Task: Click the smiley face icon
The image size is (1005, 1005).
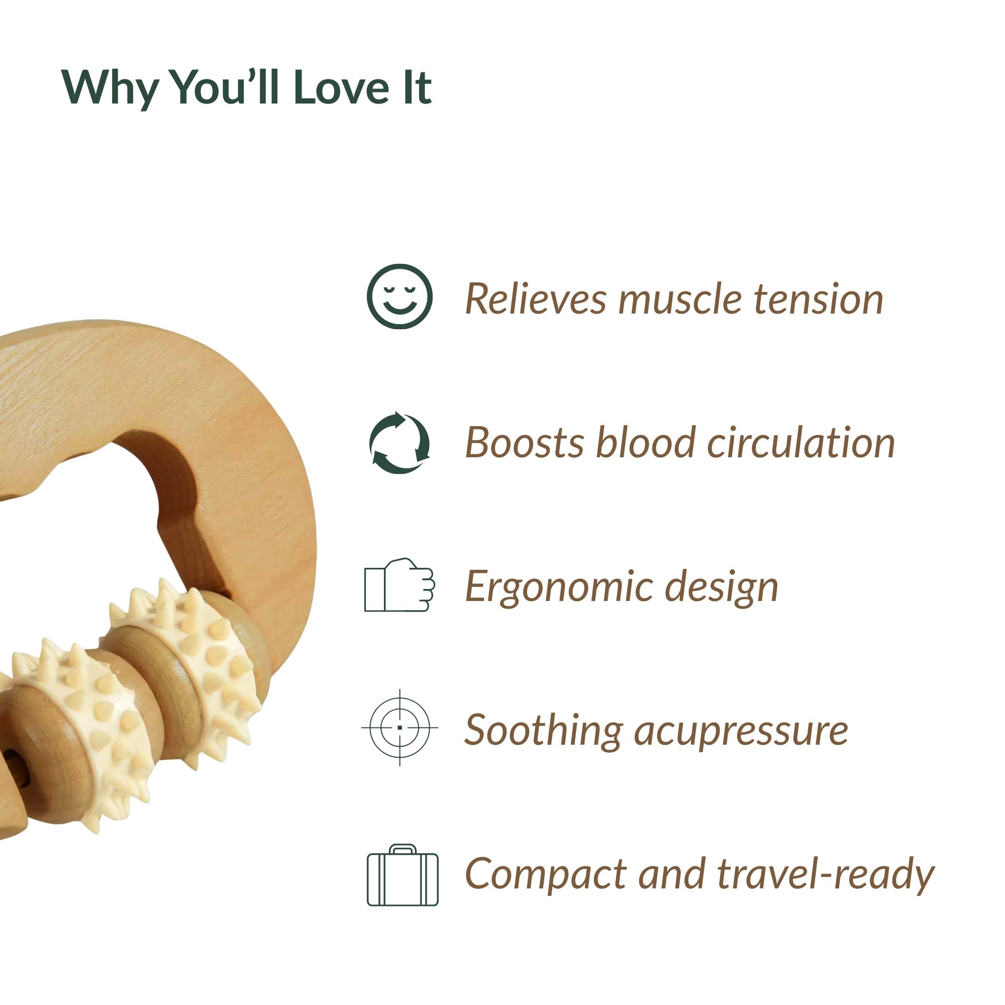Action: tap(399, 296)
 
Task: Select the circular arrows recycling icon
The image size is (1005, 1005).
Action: tap(399, 443)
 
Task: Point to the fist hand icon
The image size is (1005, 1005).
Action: tap(399, 585)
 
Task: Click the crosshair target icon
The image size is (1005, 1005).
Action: tap(399, 727)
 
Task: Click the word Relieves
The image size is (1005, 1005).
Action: tap(535, 299)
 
